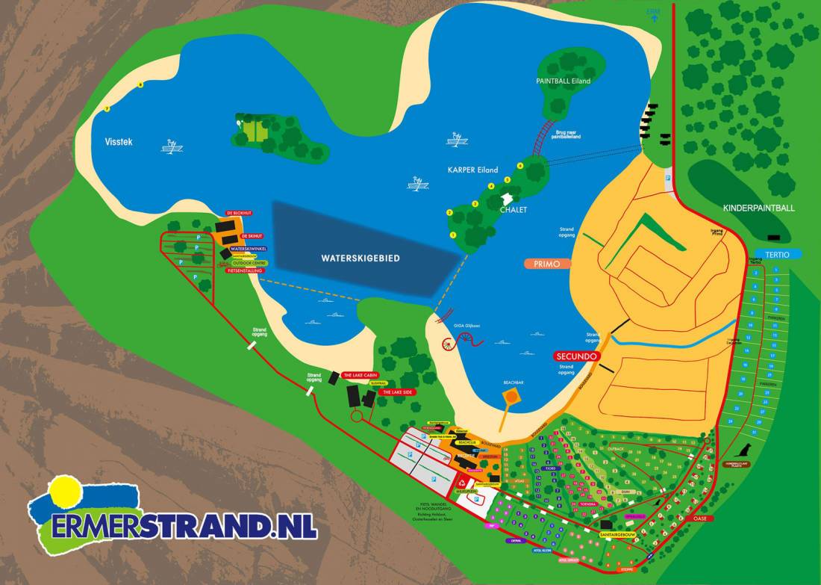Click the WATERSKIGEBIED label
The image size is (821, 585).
[360, 258]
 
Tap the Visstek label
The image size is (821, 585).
[119, 141]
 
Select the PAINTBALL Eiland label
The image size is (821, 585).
[563, 81]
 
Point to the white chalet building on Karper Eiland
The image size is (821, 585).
[508, 199]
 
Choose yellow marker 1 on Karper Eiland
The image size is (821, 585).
[453, 235]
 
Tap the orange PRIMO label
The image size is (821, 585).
[547, 264]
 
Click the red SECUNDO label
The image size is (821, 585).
[576, 356]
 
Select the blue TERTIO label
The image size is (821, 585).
[777, 254]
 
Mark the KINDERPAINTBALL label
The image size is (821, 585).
[759, 208]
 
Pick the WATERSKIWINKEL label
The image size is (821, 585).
[249, 249]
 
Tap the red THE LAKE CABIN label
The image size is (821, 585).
[361, 374]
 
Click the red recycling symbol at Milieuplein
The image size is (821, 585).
[463, 483]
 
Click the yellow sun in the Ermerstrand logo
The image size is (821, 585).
[64, 491]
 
